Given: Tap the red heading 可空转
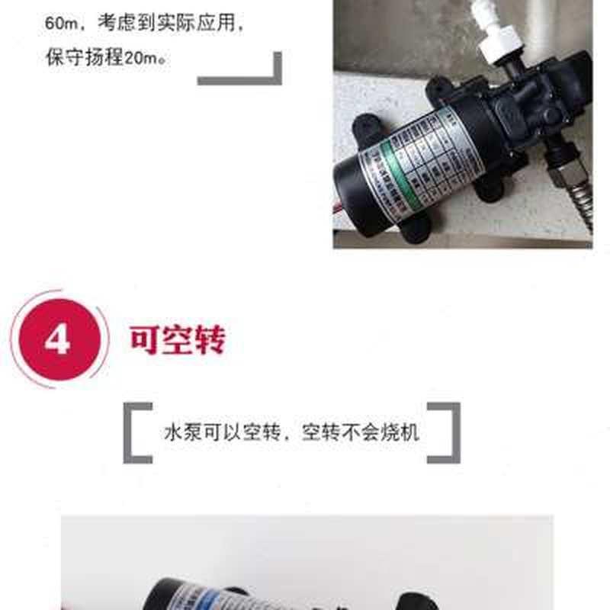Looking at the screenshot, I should tap(177, 340).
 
